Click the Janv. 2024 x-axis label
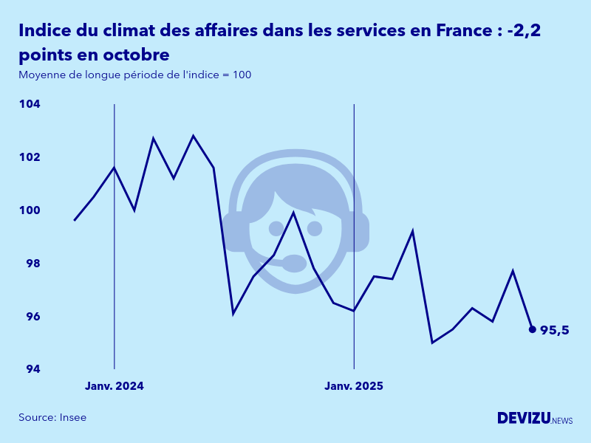(x=115, y=386)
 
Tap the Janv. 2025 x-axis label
(x=354, y=386)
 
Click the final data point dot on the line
(x=532, y=329)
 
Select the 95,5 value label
(x=555, y=330)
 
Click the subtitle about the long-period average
(x=134, y=75)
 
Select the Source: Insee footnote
(x=52, y=417)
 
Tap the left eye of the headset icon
(x=276, y=228)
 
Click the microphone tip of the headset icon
(x=295, y=263)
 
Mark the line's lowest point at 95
(x=432, y=343)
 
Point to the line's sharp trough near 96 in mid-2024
(x=233, y=314)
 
